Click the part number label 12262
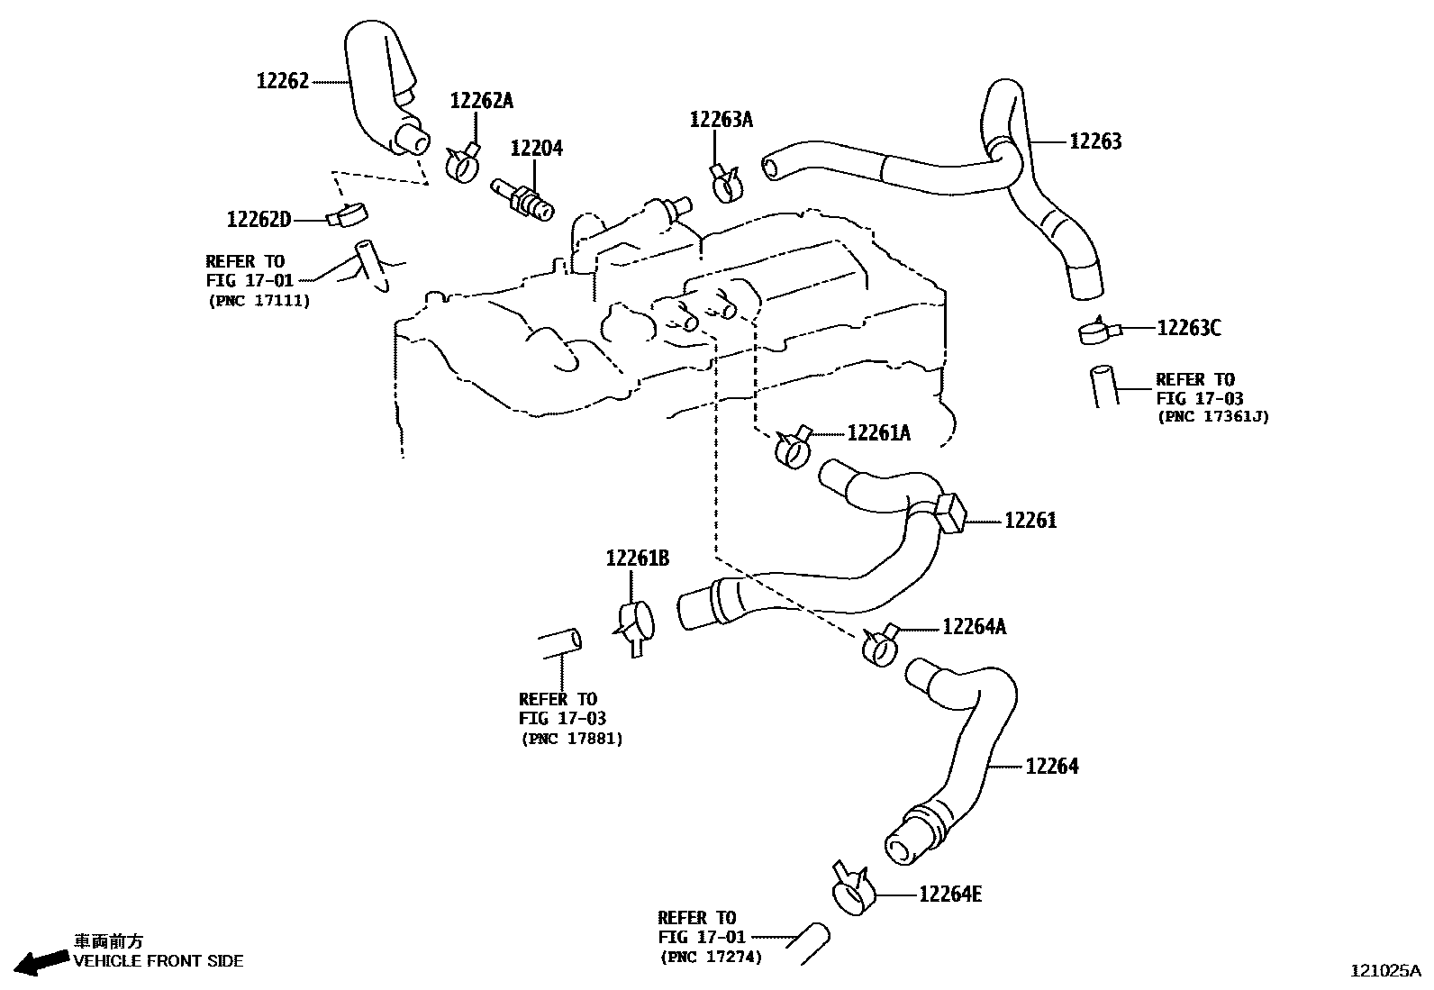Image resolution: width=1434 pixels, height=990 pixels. tap(282, 81)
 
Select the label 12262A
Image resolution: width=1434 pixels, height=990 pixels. tap(481, 101)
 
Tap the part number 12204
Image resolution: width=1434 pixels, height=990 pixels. tap(537, 148)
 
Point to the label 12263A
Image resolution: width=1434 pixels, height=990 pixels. tap(721, 120)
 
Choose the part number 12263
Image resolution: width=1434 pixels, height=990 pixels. tap(1095, 141)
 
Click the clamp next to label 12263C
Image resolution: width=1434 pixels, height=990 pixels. tap(1098, 332)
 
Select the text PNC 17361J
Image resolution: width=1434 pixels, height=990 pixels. tap(1212, 416)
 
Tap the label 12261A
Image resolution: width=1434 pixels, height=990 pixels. tap(879, 434)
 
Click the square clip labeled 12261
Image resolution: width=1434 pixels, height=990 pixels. tap(951, 513)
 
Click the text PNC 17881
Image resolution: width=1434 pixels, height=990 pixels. tap(572, 739)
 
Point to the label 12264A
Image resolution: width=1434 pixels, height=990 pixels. tap(975, 627)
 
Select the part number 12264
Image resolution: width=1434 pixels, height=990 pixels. tap(1052, 767)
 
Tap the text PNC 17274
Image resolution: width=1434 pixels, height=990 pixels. tap(711, 958)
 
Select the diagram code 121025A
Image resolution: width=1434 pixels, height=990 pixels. tap(1384, 971)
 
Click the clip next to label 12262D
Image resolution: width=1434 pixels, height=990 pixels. tap(348, 215)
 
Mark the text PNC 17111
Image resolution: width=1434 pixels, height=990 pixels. tap(259, 301)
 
